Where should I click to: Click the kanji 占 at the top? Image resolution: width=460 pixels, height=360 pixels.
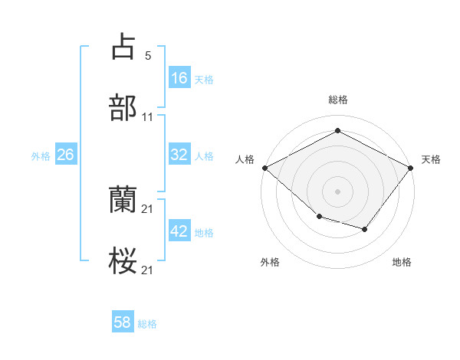click(123, 47)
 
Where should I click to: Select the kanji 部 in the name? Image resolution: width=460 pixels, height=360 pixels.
click(123, 108)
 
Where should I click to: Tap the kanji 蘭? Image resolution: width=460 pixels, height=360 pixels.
click(123, 201)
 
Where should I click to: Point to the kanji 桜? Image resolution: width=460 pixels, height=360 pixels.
click(123, 261)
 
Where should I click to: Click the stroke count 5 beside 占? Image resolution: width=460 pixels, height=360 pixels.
click(147, 55)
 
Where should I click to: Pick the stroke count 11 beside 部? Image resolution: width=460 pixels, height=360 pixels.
click(148, 117)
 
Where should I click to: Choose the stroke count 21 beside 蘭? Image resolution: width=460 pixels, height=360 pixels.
click(148, 209)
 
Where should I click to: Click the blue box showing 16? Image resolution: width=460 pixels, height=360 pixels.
click(179, 78)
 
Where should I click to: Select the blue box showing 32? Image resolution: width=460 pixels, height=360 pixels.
click(179, 155)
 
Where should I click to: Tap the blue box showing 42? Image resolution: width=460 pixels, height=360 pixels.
click(179, 231)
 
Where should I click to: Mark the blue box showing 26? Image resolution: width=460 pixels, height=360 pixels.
click(65, 155)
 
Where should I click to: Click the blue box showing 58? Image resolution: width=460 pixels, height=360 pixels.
click(123, 322)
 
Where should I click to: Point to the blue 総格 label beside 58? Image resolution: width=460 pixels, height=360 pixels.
click(147, 324)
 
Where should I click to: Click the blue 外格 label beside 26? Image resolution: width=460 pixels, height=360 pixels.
click(41, 155)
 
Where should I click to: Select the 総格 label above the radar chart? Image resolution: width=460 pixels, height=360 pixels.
click(337, 100)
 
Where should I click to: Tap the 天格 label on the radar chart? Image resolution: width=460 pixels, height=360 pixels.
click(431, 159)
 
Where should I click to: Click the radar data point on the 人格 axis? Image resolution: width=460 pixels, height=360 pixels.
click(264, 168)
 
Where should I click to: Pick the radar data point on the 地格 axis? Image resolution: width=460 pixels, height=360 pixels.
click(365, 229)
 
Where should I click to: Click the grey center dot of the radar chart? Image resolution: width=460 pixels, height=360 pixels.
click(337, 191)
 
